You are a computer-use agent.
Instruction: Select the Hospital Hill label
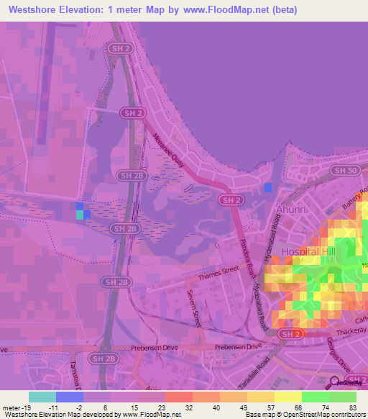pos(310,252)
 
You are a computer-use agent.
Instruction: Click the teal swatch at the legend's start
pos(42,396)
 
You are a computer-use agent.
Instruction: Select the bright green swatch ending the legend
pos(343,396)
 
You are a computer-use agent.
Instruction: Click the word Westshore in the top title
pos(34,10)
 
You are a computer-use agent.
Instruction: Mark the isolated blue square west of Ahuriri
pos(268,188)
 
